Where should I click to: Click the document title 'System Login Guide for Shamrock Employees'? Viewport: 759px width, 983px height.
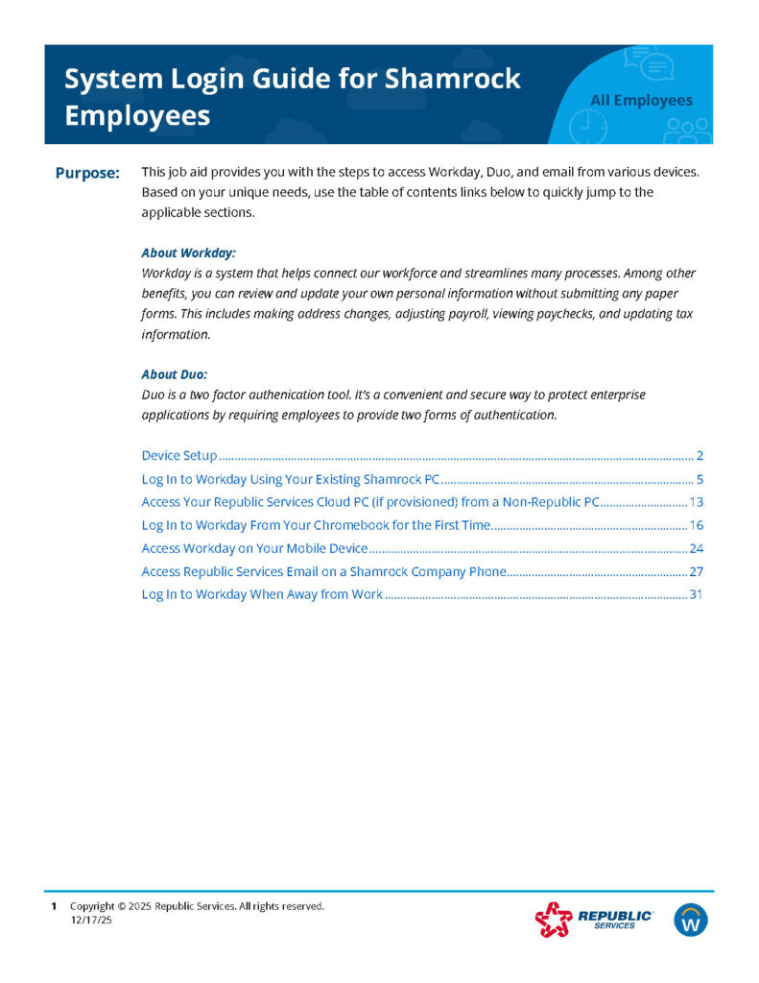[x=292, y=96]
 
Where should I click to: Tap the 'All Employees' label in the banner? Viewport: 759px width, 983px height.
[x=640, y=100]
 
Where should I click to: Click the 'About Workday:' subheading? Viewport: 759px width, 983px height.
[x=188, y=252]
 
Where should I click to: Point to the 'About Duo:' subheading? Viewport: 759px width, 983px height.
[x=174, y=373]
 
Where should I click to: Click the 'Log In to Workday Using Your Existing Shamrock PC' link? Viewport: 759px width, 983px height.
[x=290, y=478]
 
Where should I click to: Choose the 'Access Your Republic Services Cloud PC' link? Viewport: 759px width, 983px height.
[x=369, y=501]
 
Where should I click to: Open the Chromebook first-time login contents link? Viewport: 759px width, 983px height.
[x=316, y=525]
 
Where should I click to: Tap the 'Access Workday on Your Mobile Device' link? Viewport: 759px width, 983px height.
[x=254, y=548]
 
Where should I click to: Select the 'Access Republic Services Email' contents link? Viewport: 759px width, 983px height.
[x=323, y=571]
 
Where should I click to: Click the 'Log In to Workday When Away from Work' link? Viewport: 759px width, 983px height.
[x=262, y=595]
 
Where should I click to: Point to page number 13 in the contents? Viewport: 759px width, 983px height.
[x=697, y=501]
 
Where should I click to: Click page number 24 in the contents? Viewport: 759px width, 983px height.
[x=697, y=548]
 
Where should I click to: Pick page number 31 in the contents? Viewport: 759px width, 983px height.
[x=697, y=595]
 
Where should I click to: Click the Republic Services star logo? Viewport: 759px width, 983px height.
[x=553, y=921]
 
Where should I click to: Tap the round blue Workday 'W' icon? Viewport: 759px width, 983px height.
[x=691, y=920]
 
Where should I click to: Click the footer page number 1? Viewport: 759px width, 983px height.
[x=54, y=906]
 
